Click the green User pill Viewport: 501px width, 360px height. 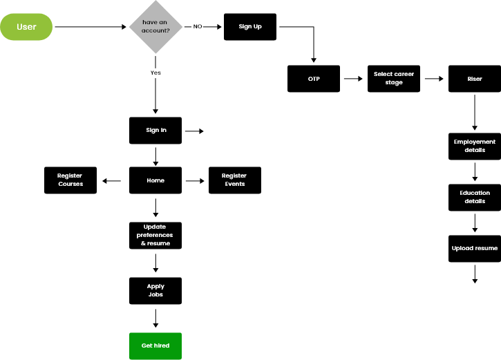click(x=26, y=27)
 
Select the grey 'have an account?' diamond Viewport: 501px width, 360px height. click(x=155, y=26)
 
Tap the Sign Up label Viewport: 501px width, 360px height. click(x=250, y=26)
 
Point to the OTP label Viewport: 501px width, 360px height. click(x=314, y=79)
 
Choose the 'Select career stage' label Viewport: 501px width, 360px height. click(x=394, y=78)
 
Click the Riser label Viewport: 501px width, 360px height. click(x=475, y=79)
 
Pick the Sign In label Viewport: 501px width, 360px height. click(x=156, y=130)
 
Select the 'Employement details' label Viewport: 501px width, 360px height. click(x=475, y=146)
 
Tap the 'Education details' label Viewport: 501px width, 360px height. click(x=475, y=197)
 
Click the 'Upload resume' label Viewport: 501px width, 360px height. click(x=475, y=248)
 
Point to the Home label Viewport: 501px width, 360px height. click(x=155, y=180)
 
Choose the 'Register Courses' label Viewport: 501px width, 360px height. click(x=70, y=180)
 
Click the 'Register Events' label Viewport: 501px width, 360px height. click(x=234, y=180)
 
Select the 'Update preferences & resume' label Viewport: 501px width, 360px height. click(x=155, y=235)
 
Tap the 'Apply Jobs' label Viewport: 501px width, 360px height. click(x=155, y=290)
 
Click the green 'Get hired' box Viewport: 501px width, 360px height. click(x=155, y=345)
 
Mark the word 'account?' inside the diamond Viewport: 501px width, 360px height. click(x=155, y=30)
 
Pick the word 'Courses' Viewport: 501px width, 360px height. click(x=70, y=184)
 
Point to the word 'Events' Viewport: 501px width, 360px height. click(x=235, y=184)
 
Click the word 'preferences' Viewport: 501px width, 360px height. click(x=155, y=235)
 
